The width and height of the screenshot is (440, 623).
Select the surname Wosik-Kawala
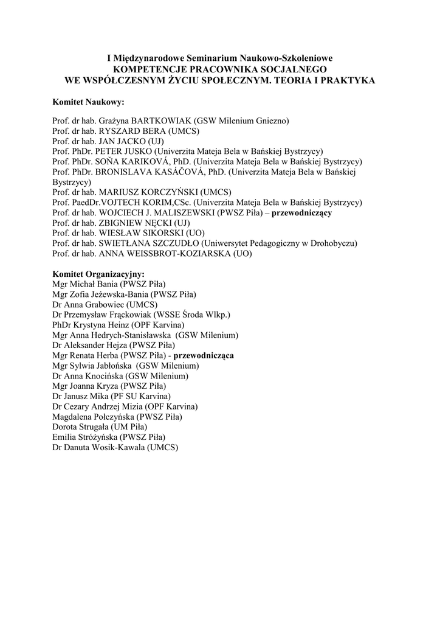tap(115, 447)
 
